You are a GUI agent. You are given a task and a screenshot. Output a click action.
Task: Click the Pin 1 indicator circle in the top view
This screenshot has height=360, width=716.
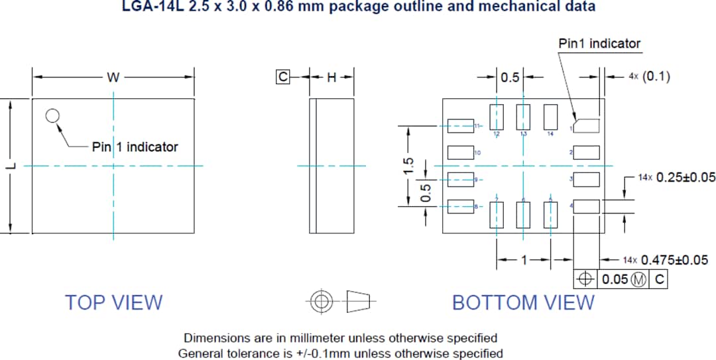[x=52, y=116]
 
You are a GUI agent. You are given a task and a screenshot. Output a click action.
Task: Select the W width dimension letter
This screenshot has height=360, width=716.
[x=113, y=78]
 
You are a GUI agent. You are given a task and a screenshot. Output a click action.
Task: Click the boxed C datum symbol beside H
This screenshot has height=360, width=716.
[x=283, y=78]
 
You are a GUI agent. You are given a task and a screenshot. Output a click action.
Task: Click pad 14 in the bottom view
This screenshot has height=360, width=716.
[x=550, y=117]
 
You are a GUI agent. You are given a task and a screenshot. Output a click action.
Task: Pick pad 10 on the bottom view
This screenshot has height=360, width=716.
[x=460, y=152]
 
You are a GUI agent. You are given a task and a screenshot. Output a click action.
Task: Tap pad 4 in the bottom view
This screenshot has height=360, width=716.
[x=587, y=207]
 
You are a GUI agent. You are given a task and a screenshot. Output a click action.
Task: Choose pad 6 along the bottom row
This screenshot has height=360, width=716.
[x=524, y=215]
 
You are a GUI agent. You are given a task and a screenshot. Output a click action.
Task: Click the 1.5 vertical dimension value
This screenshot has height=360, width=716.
[x=409, y=166]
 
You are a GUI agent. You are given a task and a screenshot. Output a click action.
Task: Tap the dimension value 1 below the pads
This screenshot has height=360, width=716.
[x=524, y=260]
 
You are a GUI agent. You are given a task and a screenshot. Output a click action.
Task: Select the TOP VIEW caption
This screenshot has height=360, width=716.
[x=113, y=302]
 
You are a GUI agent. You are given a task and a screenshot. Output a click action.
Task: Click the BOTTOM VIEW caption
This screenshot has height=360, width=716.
[x=523, y=302]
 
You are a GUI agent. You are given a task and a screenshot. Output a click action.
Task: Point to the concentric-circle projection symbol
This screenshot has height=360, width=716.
[x=322, y=302]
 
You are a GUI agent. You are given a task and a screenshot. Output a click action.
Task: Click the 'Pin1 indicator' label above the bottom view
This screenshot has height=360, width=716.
[x=600, y=44]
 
